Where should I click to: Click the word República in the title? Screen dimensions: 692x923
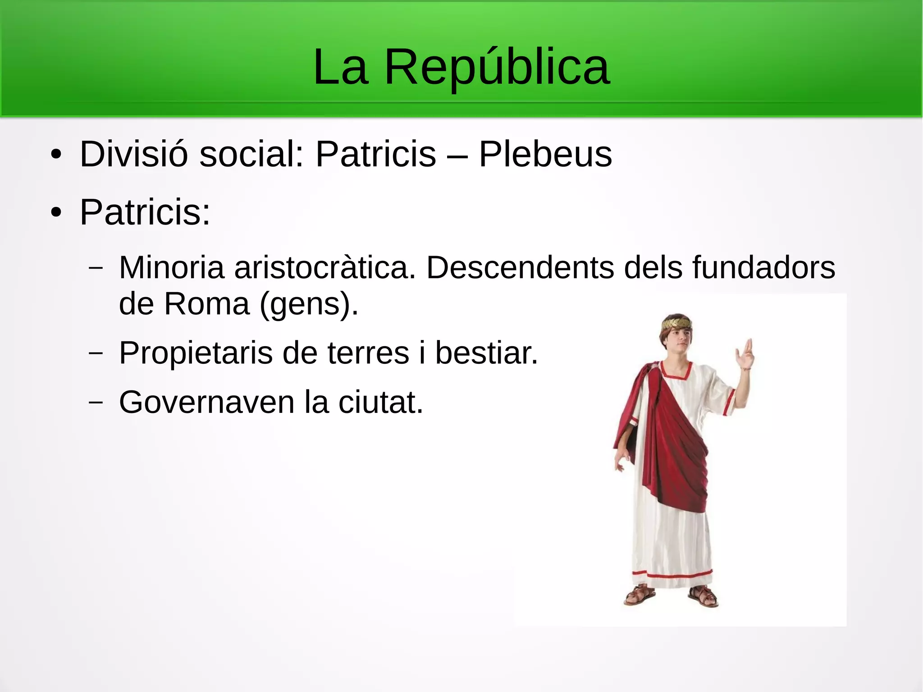tap(497, 68)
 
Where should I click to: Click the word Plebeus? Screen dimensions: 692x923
tap(545, 154)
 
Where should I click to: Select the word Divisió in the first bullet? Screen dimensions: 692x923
tap(133, 154)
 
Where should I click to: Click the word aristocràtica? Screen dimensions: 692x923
tap(324, 268)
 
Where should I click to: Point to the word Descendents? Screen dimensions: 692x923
tap(520, 268)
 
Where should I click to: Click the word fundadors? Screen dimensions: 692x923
tap(763, 268)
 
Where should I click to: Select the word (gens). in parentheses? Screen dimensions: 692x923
tap(309, 304)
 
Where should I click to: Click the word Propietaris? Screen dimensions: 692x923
tap(196, 353)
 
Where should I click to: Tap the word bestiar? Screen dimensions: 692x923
tap(486, 353)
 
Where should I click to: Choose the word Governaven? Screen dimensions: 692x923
tap(206, 402)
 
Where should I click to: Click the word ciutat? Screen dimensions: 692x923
tap(381, 402)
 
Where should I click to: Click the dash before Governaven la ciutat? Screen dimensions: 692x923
tap(95, 402)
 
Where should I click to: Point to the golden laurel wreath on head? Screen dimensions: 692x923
tap(676, 323)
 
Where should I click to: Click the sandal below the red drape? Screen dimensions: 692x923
tap(639, 596)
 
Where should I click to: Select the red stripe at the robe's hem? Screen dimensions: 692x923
tap(672, 575)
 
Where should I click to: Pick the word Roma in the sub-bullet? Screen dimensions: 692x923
tap(206, 304)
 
